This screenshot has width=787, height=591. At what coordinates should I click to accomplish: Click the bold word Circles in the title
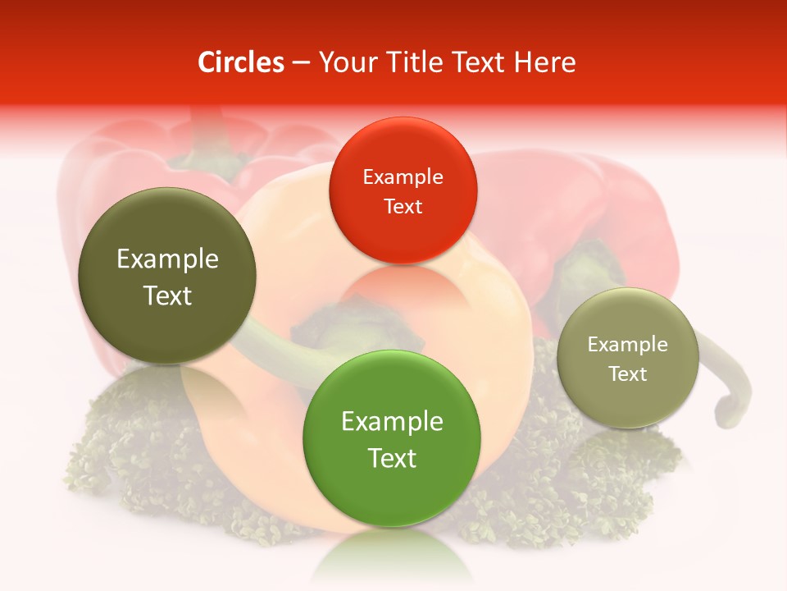(241, 62)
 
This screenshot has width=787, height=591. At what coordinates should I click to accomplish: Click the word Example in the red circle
(403, 177)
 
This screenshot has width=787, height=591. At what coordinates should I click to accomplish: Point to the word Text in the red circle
(403, 207)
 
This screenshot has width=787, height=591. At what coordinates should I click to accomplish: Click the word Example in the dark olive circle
(167, 259)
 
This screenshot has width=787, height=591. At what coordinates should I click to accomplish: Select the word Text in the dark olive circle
(167, 295)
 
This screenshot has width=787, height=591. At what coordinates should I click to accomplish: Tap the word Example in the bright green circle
(392, 422)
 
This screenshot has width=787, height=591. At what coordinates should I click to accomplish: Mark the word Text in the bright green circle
(392, 458)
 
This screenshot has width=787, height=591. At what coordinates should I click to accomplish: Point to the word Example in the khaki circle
(628, 345)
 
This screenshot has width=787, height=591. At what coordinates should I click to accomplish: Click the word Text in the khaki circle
(628, 374)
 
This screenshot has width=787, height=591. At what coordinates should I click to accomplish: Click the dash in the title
(301, 62)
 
